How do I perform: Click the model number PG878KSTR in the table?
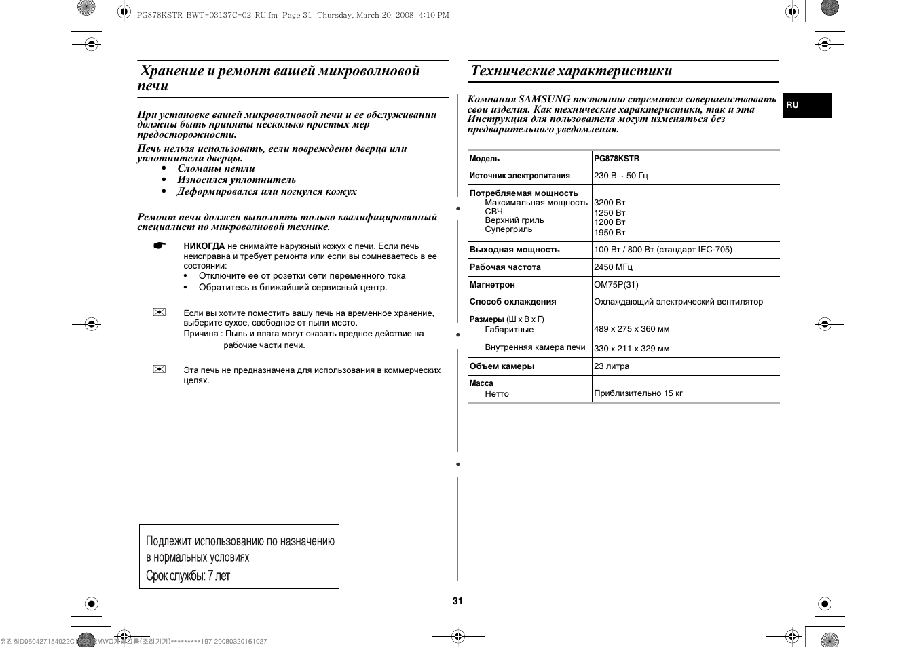tap(616, 159)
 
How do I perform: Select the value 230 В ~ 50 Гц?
tap(620, 176)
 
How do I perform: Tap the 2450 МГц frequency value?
tap(613, 267)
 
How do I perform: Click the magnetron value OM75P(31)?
tap(616, 285)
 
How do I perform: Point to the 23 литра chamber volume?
tap(611, 366)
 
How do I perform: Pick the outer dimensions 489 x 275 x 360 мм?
tap(631, 329)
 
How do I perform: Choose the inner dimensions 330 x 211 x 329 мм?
tap(631, 349)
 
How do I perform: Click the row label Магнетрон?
tap(492, 285)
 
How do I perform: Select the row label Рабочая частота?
tap(505, 267)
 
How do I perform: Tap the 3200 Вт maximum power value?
tap(610, 203)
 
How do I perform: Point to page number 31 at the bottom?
tap(457, 601)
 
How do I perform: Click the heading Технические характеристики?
tap(571, 71)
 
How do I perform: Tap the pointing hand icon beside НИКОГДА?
tap(159, 246)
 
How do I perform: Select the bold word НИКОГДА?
tap(204, 246)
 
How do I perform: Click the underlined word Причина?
tap(201, 334)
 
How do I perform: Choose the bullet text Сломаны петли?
tap(216, 169)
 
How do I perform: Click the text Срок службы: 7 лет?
tap(188, 576)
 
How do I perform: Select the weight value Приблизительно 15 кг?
tap(638, 393)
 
